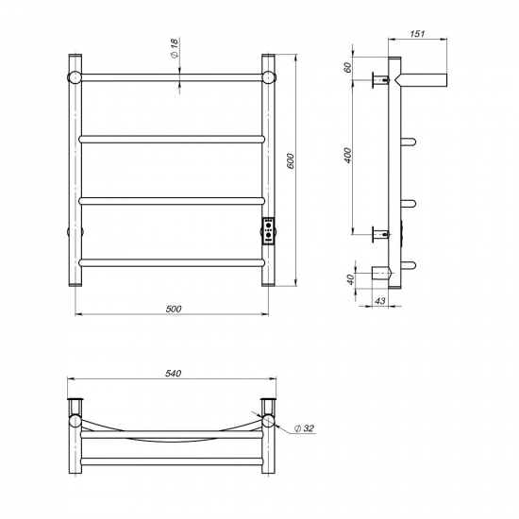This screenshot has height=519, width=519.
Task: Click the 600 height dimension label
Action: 292,161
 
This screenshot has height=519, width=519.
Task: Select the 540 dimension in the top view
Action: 173,374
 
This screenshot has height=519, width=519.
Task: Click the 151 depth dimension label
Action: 418,35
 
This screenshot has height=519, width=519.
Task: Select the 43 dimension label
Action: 381,301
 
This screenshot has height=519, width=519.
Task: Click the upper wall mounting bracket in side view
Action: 382,80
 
